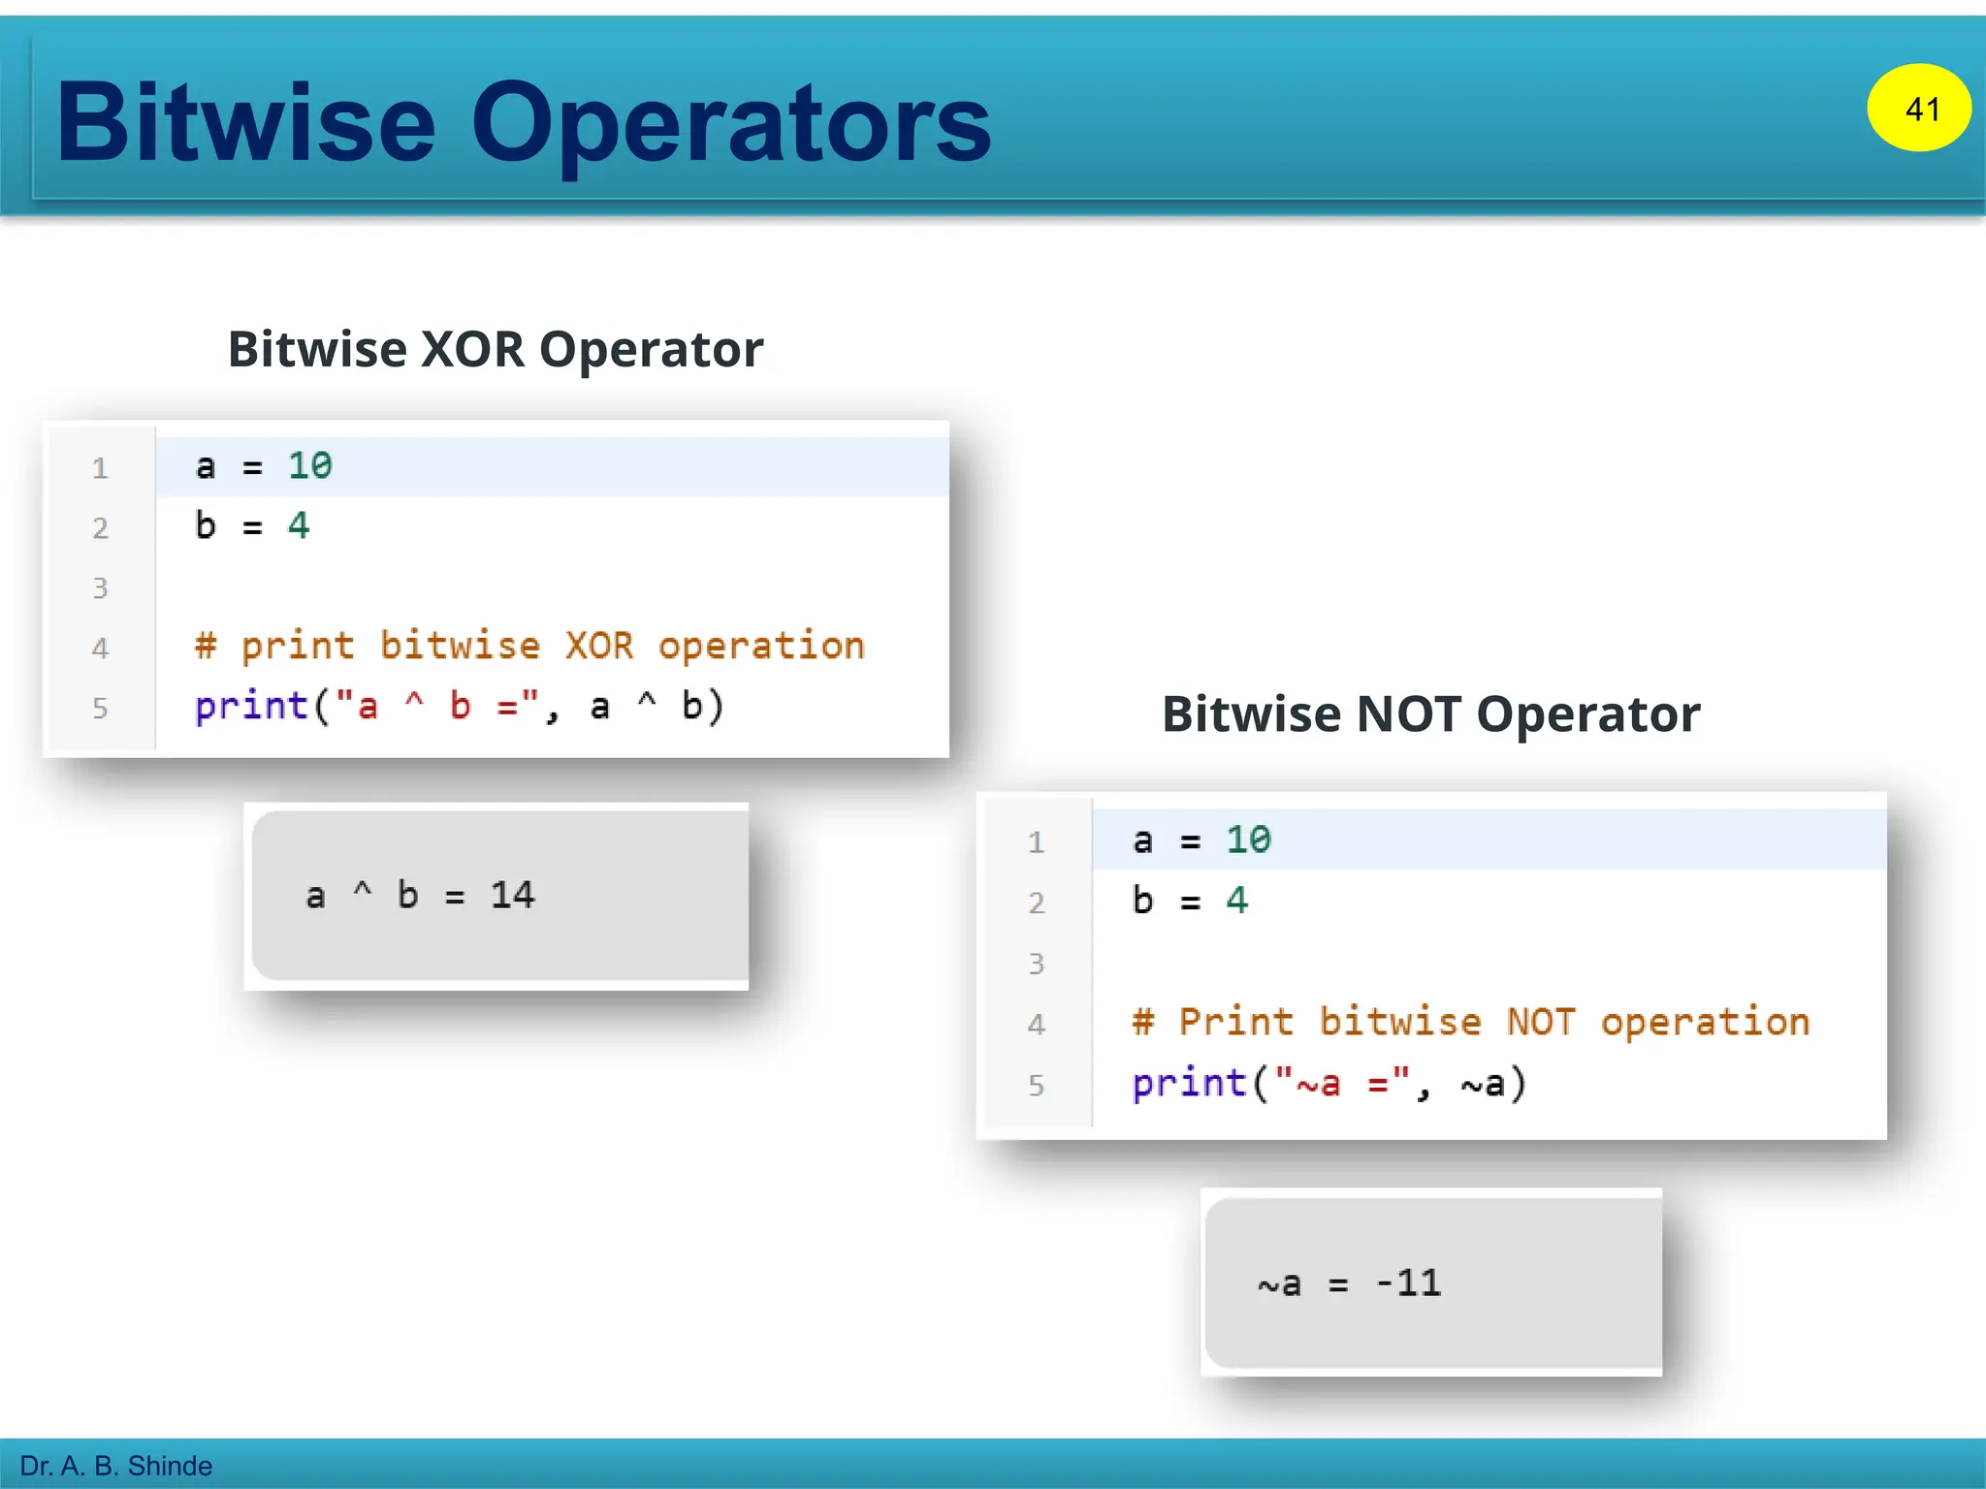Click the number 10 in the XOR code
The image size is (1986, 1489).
(309, 466)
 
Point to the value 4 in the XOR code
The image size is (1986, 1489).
(298, 526)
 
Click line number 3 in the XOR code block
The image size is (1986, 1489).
(100, 588)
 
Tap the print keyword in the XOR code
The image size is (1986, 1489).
(251, 706)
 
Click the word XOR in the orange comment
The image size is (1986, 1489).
(598, 646)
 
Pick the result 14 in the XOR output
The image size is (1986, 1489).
(512, 895)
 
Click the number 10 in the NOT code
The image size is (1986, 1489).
(1247, 840)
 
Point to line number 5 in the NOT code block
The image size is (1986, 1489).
(1036, 1085)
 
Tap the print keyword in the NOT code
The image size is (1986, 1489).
(1189, 1083)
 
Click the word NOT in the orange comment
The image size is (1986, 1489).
(1540, 1022)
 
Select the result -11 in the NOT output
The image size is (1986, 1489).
(1408, 1283)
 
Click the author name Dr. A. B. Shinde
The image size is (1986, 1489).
(115, 1466)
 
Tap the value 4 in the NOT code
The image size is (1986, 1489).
(1235, 901)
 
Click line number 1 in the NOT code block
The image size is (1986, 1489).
(1036, 842)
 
